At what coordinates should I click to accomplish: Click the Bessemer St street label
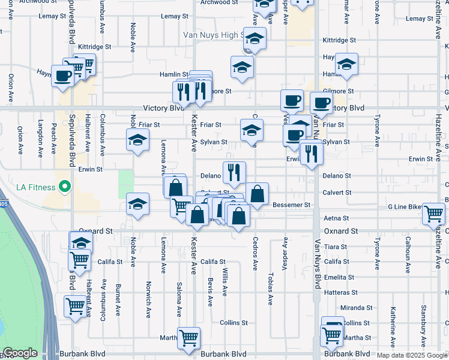(291, 205)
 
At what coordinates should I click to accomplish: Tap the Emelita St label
(338, 277)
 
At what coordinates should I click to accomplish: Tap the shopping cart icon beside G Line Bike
(433, 214)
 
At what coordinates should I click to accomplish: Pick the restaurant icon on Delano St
(234, 173)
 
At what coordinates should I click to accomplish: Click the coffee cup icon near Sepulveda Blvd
(63, 76)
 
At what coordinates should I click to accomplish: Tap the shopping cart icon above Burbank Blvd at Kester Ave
(188, 338)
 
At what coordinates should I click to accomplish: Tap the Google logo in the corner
(20, 353)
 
